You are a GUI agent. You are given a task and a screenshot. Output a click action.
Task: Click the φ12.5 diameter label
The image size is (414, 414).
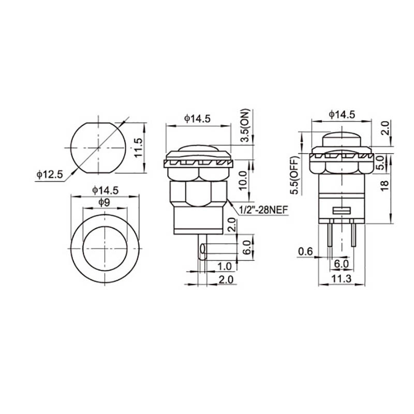[49, 175]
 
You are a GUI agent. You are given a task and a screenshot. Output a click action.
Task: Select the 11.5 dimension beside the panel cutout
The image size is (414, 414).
[138, 147]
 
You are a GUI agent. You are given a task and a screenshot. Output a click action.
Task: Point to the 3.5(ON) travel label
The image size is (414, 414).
[245, 126]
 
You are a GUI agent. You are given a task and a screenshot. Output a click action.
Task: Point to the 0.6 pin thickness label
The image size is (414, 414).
[305, 252]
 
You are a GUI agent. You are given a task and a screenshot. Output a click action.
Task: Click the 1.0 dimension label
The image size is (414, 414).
[224, 266]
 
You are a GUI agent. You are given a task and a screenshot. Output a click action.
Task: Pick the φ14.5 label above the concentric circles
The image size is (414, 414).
[105, 190]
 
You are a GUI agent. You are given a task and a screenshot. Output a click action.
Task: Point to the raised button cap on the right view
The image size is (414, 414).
[341, 140]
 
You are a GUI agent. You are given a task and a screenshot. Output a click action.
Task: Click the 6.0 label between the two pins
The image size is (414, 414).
[341, 263]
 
